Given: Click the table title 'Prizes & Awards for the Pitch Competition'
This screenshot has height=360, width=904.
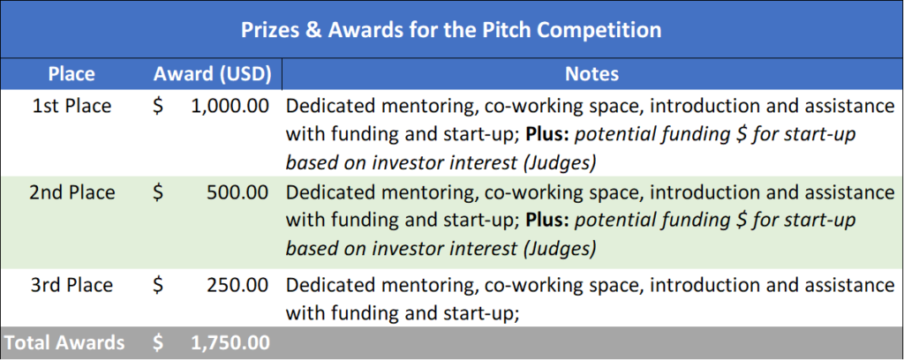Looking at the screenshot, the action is (x=451, y=29).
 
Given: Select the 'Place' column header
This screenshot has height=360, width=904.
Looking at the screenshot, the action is (x=72, y=74).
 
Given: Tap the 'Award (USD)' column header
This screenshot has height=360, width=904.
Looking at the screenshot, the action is (x=212, y=74).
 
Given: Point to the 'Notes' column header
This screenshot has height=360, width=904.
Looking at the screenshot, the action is (x=591, y=74).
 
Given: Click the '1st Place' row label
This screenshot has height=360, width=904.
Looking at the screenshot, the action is (x=72, y=107).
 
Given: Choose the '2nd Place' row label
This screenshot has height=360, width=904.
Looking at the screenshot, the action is (x=72, y=193).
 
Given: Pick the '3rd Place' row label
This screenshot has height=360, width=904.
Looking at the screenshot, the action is (x=72, y=285).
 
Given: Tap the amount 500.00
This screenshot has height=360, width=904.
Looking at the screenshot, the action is (x=238, y=193).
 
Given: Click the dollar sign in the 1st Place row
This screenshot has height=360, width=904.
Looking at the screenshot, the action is (x=158, y=107).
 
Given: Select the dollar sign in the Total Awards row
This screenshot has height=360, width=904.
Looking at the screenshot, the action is (x=158, y=342).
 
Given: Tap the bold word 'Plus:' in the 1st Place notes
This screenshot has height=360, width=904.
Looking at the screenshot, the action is (x=548, y=135).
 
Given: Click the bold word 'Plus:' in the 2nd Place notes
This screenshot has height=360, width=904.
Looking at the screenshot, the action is (x=548, y=221).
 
